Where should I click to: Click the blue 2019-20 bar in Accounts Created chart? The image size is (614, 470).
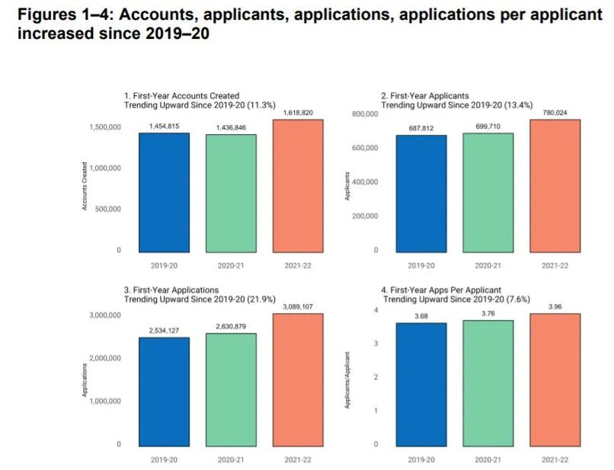click(x=165, y=192)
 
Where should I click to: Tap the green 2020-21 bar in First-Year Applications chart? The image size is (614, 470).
click(x=231, y=388)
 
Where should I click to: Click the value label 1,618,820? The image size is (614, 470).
click(x=297, y=112)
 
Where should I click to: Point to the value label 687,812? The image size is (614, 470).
click(x=421, y=128)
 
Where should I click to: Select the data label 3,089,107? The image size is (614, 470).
click(x=297, y=307)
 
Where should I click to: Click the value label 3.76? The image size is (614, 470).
click(x=488, y=313)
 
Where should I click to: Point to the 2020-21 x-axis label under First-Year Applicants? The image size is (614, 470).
click(x=488, y=266)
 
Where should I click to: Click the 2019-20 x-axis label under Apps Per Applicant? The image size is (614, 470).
click(x=421, y=461)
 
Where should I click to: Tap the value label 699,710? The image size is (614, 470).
click(x=488, y=126)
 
